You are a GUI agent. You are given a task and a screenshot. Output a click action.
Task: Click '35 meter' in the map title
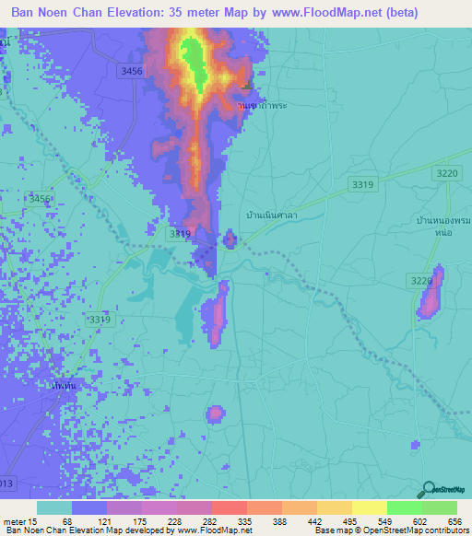point(210,13)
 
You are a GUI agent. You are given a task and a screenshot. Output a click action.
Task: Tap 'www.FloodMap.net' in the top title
point(324,13)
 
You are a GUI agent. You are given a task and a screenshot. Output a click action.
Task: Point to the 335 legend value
point(244,521)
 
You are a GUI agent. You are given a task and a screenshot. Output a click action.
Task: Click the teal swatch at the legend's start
point(53,507)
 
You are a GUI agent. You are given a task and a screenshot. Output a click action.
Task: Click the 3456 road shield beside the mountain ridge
point(133,70)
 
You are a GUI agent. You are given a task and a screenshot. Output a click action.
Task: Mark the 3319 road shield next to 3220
point(362,185)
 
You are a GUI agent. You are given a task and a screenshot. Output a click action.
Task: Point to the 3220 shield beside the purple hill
point(420,280)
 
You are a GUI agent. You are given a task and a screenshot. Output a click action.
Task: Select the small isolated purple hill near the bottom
point(215,414)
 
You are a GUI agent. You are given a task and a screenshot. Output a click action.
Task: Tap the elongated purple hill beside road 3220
point(431,293)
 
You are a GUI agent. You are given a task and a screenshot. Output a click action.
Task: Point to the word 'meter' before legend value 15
point(18,521)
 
